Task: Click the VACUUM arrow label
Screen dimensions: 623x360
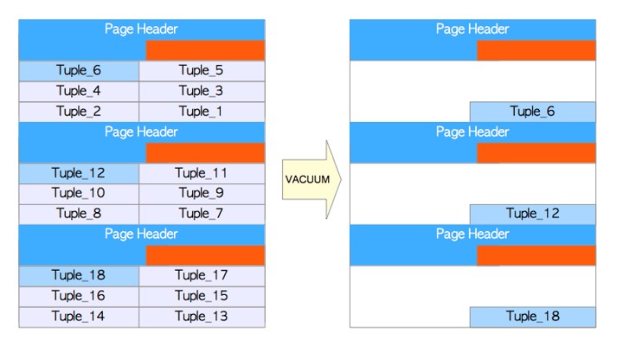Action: [x=307, y=179]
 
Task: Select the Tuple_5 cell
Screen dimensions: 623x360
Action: [x=202, y=71]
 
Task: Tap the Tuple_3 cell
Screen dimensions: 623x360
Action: [x=202, y=92]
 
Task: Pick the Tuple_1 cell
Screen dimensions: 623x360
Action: [x=202, y=112]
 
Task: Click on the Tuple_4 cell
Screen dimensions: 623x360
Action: [x=79, y=92]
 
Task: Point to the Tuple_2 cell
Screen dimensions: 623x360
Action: [x=79, y=112]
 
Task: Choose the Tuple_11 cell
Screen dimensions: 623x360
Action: [x=202, y=173]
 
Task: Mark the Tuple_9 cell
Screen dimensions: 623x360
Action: [x=202, y=194]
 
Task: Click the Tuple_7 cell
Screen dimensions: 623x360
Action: [x=202, y=214]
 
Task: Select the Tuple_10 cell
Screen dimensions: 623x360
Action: [x=79, y=194]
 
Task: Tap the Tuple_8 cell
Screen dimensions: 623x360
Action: [x=79, y=214]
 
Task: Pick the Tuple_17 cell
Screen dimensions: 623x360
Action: [x=202, y=276]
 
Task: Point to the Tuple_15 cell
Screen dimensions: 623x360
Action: [x=202, y=297]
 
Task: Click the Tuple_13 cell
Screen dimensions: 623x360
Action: [x=202, y=317]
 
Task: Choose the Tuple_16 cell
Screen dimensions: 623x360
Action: [x=79, y=297]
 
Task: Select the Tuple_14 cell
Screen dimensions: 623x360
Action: [x=79, y=317]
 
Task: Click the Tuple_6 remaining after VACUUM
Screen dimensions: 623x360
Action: [x=533, y=112]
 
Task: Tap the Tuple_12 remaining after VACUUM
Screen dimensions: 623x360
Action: [x=533, y=214]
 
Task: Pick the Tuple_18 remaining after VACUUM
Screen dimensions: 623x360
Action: [x=533, y=317]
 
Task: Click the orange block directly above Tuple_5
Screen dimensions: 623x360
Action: [x=205, y=50]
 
